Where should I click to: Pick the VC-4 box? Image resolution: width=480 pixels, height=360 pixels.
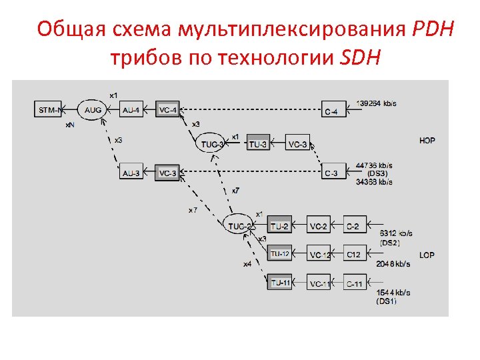(168, 109)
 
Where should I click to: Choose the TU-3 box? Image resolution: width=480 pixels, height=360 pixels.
(259, 143)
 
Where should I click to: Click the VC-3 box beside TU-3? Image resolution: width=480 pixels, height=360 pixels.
(297, 143)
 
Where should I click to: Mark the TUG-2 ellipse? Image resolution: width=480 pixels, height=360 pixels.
(239, 225)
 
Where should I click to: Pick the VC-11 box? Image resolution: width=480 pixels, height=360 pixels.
(319, 283)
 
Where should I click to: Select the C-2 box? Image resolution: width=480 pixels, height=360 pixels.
(354, 226)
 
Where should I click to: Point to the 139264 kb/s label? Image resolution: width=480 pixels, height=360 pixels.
(377, 103)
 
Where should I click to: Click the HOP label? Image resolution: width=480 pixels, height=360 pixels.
(427, 141)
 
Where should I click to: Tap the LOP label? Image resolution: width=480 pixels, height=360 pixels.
(427, 255)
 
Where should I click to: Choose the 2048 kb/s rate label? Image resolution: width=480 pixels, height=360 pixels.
(393, 264)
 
